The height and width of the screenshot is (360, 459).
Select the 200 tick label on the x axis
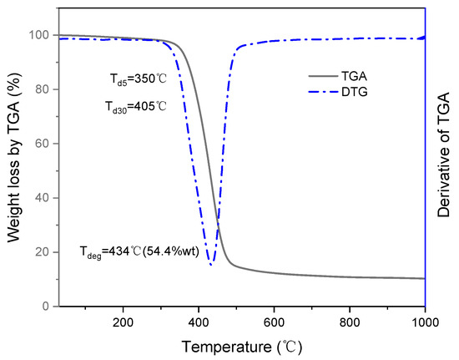tap(123, 322)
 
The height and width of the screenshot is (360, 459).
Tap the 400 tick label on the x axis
tap(199, 322)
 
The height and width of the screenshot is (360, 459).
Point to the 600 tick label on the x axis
tap(275, 322)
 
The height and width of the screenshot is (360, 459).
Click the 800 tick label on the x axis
tap(350, 322)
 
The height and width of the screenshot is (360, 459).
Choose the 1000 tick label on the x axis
tap(424, 322)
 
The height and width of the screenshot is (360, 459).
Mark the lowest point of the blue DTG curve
tap(211, 265)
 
